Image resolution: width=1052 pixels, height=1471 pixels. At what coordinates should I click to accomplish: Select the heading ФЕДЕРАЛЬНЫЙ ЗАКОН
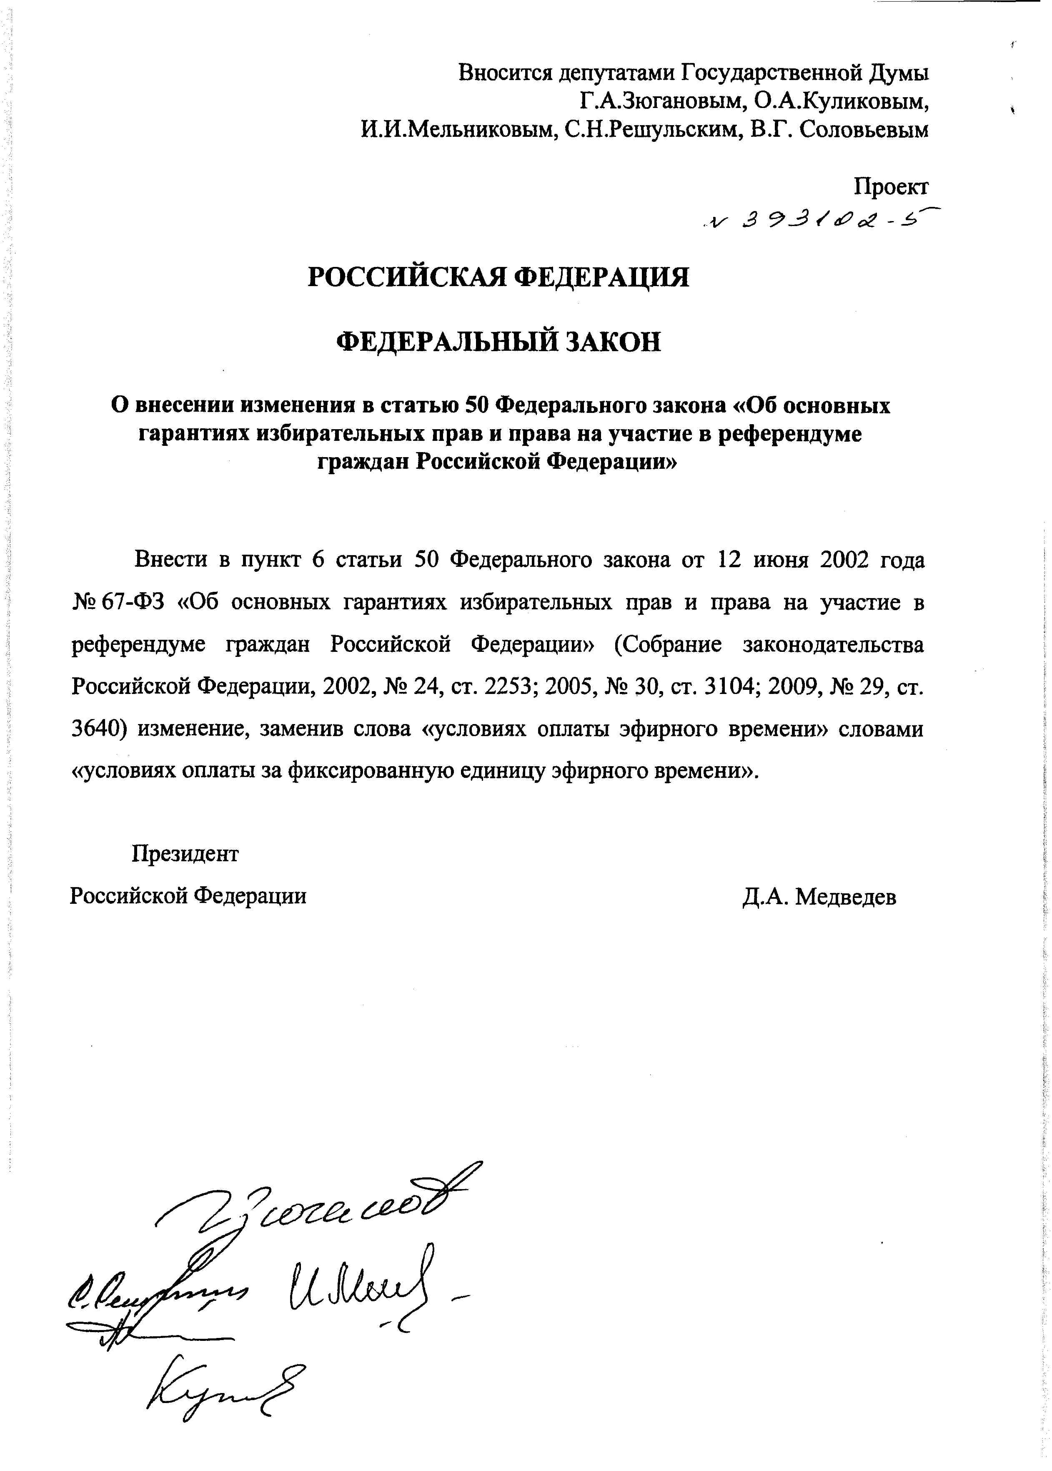click(499, 342)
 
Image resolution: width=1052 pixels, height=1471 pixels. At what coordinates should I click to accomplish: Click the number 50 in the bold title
click(476, 406)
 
